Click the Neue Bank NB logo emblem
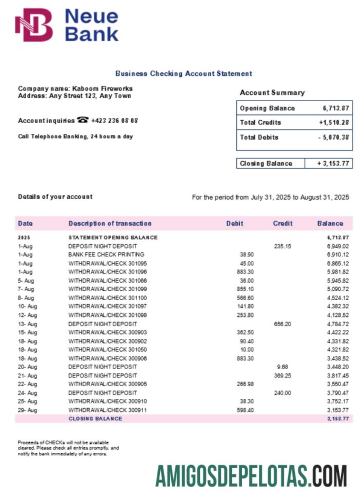[x=34, y=25]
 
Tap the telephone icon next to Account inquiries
[x=83, y=120]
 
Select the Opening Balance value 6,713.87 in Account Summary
[x=336, y=108]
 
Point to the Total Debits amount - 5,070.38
[x=333, y=137]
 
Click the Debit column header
[x=234, y=224]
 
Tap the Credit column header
[x=283, y=224]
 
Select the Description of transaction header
[x=110, y=224]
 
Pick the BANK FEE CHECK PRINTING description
[x=106, y=254]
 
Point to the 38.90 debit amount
[x=247, y=254]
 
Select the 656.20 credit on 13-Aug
[x=282, y=324]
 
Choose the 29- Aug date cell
[x=28, y=410]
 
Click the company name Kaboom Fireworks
[x=103, y=89]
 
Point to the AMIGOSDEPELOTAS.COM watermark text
[x=251, y=476]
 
